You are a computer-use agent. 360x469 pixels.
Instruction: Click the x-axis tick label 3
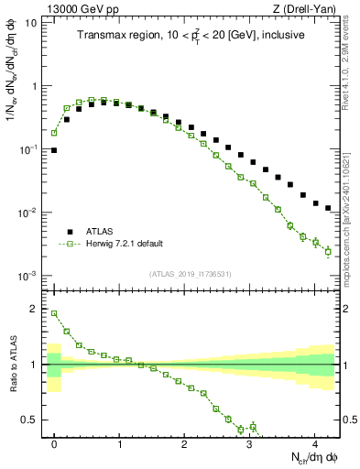pyautogui.click(x=249, y=442)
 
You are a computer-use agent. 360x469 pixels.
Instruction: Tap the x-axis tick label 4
pyautogui.click(x=314, y=442)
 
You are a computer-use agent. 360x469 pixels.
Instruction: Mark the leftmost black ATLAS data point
pyautogui.click(x=54, y=150)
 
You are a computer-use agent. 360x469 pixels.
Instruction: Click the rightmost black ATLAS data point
pyautogui.click(x=328, y=209)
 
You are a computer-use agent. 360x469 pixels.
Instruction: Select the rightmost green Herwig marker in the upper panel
pyautogui.click(x=328, y=251)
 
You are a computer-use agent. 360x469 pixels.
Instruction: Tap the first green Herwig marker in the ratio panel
pyautogui.click(x=54, y=313)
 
